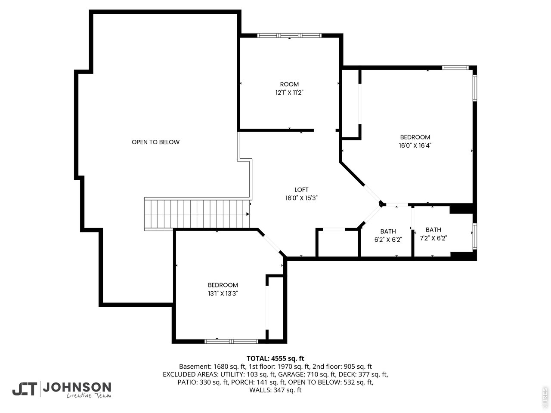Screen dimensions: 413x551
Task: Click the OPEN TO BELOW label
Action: [155, 142]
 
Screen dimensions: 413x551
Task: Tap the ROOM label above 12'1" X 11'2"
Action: [289, 84]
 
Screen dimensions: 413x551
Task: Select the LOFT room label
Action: [301, 190]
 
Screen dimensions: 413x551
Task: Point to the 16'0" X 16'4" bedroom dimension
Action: [415, 145]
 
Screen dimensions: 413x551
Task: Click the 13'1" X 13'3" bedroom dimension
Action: [223, 293]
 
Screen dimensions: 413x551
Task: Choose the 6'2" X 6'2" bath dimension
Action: [388, 240]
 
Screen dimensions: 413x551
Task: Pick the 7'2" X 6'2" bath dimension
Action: [433, 238]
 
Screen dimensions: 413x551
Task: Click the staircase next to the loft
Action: [197, 214]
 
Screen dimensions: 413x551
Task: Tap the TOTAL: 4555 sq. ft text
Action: [275, 358]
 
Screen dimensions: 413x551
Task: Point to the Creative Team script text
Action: [88, 395]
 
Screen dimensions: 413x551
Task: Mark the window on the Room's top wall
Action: [289, 35]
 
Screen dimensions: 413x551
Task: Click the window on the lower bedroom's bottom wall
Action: [231, 342]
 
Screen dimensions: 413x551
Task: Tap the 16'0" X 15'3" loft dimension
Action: [301, 198]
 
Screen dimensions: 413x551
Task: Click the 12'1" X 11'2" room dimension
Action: [289, 92]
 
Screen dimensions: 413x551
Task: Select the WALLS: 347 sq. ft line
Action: [275, 390]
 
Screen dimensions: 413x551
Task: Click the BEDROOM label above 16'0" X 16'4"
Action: [415, 137]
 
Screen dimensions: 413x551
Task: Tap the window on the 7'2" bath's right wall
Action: [474, 236]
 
